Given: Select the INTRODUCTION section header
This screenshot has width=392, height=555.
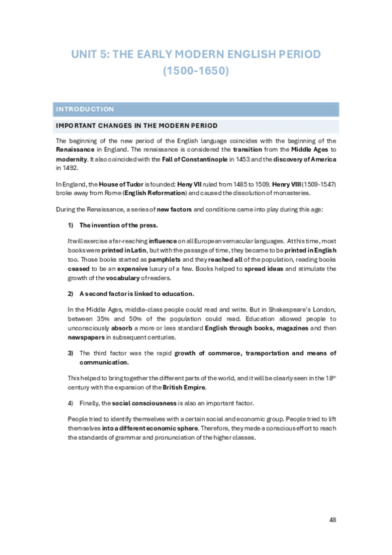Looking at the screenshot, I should [85, 109].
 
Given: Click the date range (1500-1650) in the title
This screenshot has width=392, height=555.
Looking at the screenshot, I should [196, 72].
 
